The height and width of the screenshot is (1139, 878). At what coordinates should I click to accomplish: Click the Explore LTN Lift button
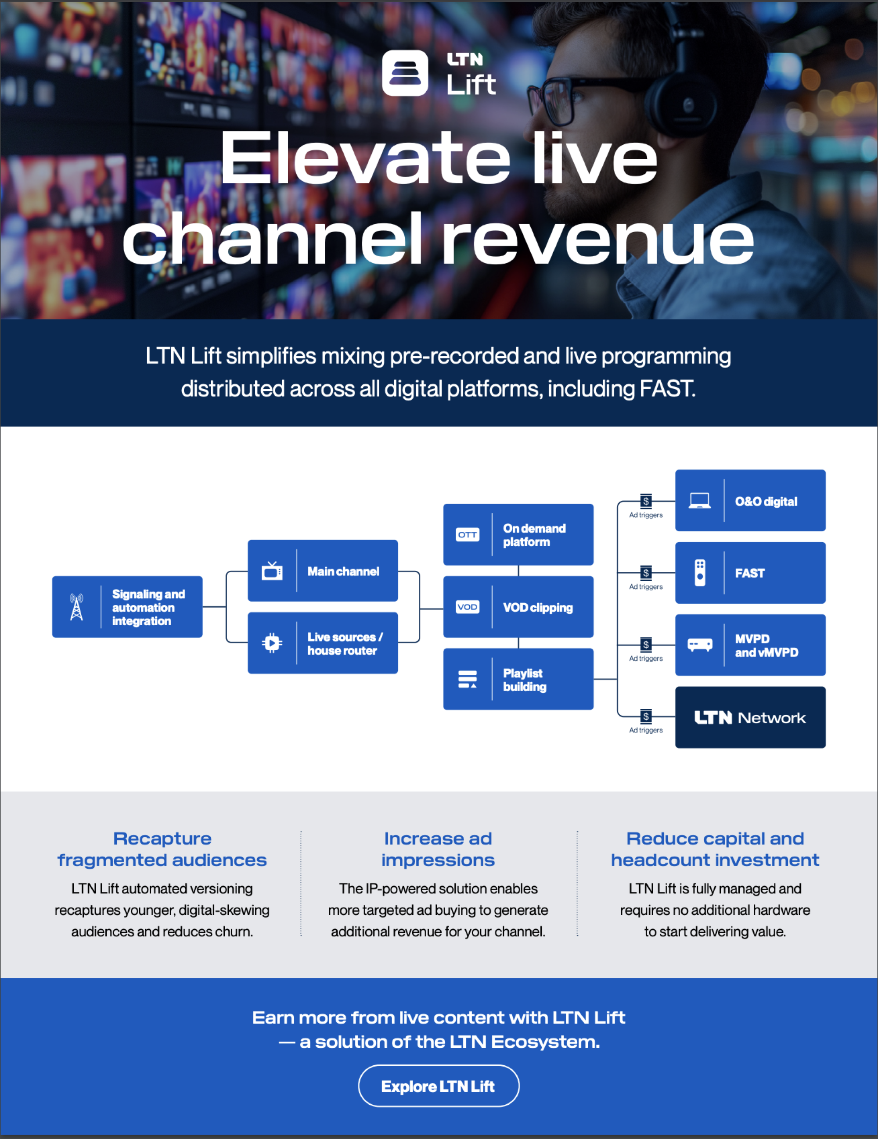[x=438, y=1086]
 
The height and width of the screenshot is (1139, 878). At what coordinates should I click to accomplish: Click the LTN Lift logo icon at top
[x=405, y=73]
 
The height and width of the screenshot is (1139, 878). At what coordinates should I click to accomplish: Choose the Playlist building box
[x=518, y=679]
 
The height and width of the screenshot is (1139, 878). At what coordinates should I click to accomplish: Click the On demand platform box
[x=518, y=534]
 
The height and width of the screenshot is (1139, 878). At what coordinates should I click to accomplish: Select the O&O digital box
[x=750, y=501]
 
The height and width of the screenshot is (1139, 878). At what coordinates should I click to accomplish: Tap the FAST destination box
[x=750, y=573]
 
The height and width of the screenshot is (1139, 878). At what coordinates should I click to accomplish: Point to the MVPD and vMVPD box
[x=750, y=645]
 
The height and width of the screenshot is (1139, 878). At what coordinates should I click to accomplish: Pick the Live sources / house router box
[x=322, y=643]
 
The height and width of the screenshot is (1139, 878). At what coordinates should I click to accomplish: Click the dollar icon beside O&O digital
[x=646, y=501]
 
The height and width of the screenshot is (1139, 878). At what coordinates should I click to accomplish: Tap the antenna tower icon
[x=77, y=607]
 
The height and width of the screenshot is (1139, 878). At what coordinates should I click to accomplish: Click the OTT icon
[x=468, y=534]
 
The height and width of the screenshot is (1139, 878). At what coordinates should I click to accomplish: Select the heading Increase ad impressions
[x=438, y=849]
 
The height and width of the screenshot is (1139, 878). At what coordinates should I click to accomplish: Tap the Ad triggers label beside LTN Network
[x=646, y=730]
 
